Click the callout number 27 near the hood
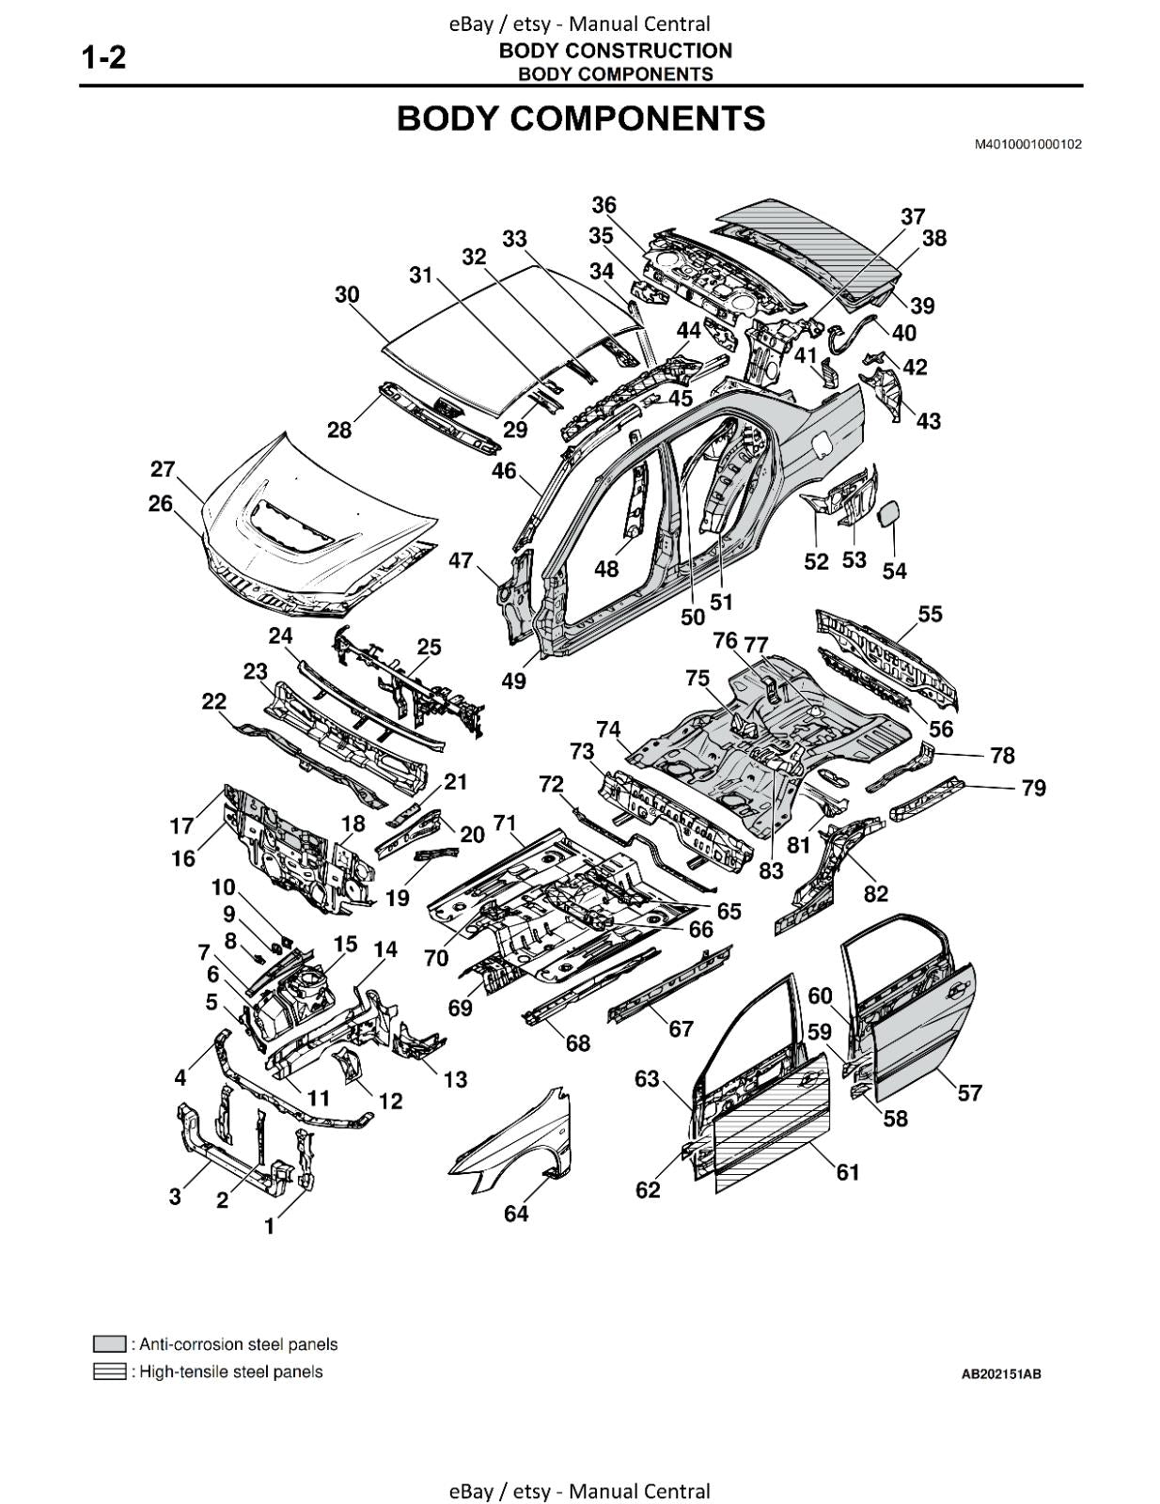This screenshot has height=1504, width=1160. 163,469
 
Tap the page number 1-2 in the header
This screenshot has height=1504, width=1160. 103,58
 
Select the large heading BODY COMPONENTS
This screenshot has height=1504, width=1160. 580,119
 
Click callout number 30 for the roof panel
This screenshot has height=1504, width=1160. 347,294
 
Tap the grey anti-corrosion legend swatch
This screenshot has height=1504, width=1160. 110,1343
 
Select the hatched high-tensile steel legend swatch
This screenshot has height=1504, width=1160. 110,1371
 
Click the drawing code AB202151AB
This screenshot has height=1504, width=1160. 1000,1374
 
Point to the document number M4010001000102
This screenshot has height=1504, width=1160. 1027,144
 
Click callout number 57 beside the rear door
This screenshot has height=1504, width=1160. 969,1092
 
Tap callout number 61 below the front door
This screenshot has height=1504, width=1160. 848,1172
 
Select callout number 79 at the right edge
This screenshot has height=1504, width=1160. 1033,788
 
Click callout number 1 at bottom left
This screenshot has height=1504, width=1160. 270,1226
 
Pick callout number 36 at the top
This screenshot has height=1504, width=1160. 604,205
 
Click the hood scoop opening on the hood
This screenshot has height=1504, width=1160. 287,525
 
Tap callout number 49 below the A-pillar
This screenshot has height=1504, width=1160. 513,681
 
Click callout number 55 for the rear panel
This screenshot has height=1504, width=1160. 930,614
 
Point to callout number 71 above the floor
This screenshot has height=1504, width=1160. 505,823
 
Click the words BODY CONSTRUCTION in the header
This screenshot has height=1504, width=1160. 615,51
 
